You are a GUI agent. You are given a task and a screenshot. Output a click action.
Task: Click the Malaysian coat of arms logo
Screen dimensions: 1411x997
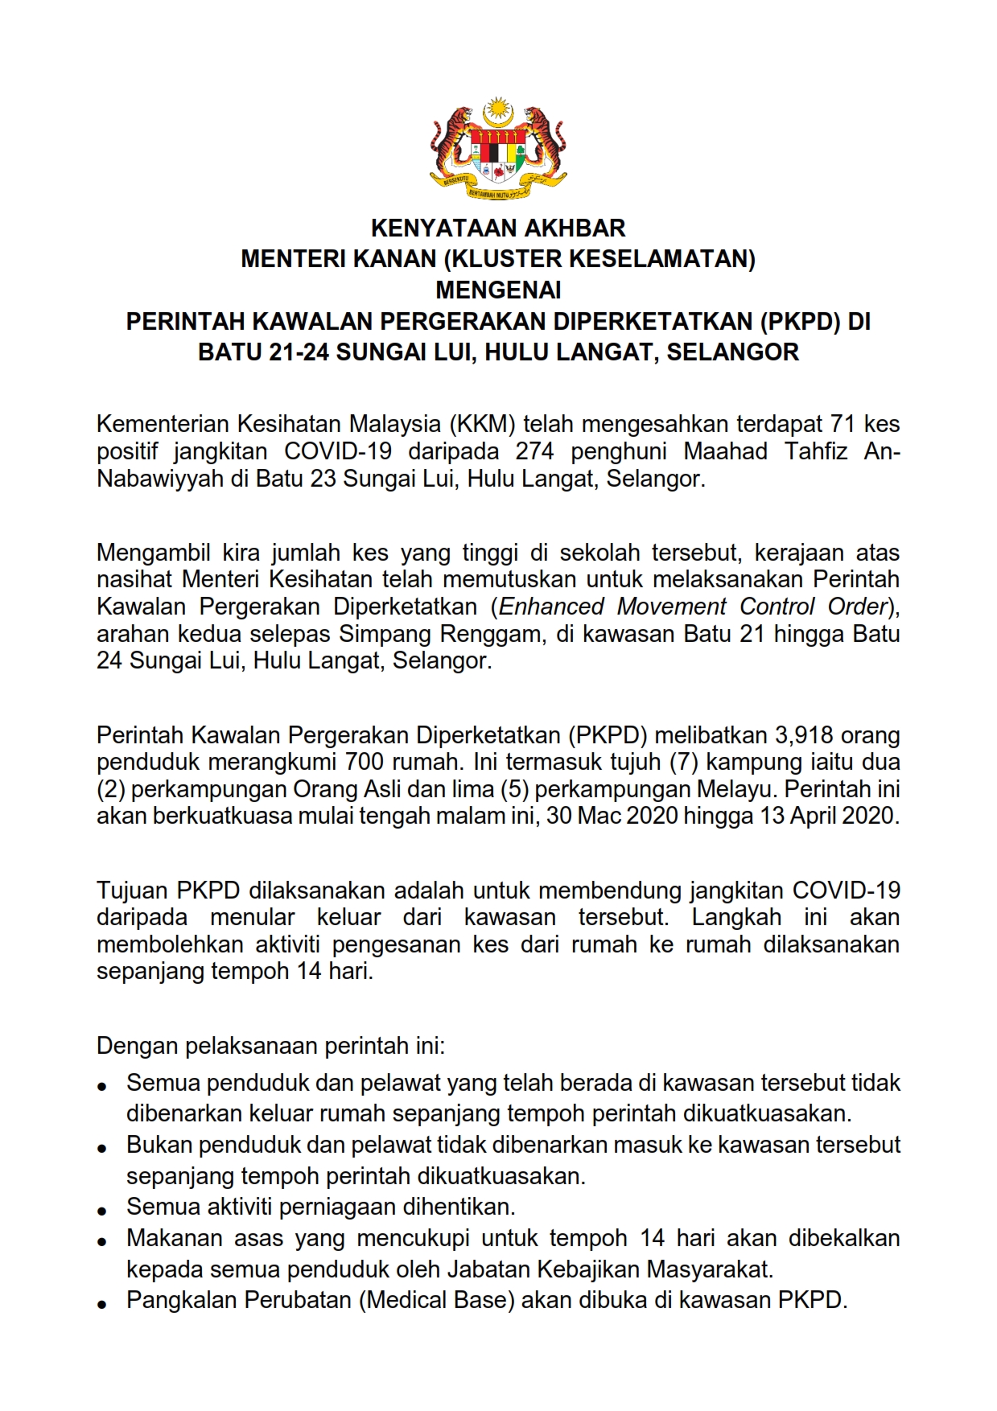(498, 149)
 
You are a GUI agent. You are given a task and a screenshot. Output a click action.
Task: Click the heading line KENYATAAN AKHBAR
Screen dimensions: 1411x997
(498, 228)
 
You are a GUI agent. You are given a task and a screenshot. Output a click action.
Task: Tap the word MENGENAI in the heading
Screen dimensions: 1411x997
(498, 290)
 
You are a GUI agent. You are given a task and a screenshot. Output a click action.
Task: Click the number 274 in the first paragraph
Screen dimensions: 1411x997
(535, 451)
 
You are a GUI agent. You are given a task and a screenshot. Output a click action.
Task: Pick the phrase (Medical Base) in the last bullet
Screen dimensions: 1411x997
(437, 1300)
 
